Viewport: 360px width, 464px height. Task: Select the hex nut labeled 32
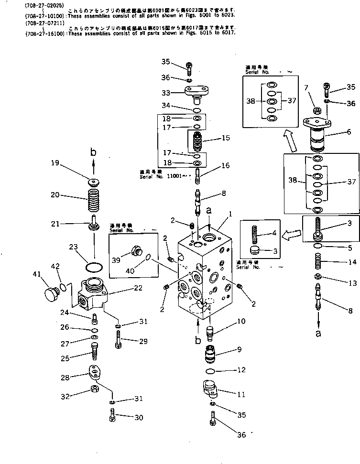click(94, 388)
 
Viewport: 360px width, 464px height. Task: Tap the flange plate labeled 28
click(97, 373)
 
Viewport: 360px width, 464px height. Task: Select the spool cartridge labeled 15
click(197, 140)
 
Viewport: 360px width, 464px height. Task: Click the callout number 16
click(225, 165)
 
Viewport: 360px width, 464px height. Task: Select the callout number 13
click(352, 283)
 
